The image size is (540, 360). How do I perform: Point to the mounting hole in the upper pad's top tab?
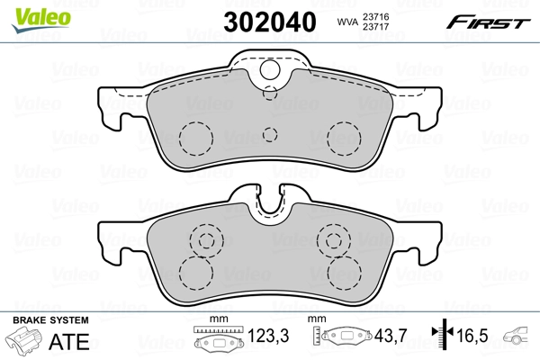269,69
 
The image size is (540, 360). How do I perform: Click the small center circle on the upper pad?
269,135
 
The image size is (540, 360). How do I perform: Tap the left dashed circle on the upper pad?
194,137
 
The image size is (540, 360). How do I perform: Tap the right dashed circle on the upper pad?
343,137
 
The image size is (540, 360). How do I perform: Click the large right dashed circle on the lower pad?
343,272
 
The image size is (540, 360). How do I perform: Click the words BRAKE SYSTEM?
49,320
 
